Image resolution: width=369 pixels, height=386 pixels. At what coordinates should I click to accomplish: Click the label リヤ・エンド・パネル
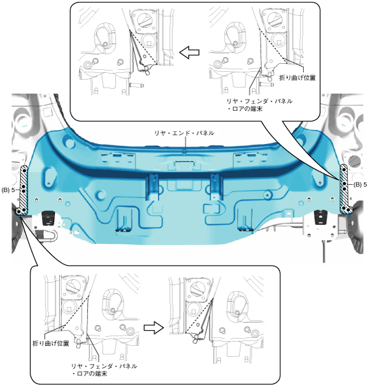[184, 133]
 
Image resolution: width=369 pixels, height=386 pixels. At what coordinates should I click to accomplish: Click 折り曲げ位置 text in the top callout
[297, 78]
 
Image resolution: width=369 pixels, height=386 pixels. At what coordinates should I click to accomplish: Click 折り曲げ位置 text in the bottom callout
[51, 343]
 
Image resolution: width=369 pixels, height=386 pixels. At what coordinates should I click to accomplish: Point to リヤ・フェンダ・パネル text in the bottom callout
[104, 367]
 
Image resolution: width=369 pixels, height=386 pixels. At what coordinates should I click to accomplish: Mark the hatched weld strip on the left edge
[24, 189]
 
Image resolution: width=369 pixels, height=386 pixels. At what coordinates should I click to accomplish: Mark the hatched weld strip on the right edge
[344, 189]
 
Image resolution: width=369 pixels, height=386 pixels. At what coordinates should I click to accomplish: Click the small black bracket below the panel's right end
[318, 217]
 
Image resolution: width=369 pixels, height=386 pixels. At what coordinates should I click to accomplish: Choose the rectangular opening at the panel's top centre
[184, 165]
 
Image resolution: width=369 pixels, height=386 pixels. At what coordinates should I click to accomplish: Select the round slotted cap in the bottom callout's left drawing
[72, 286]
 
